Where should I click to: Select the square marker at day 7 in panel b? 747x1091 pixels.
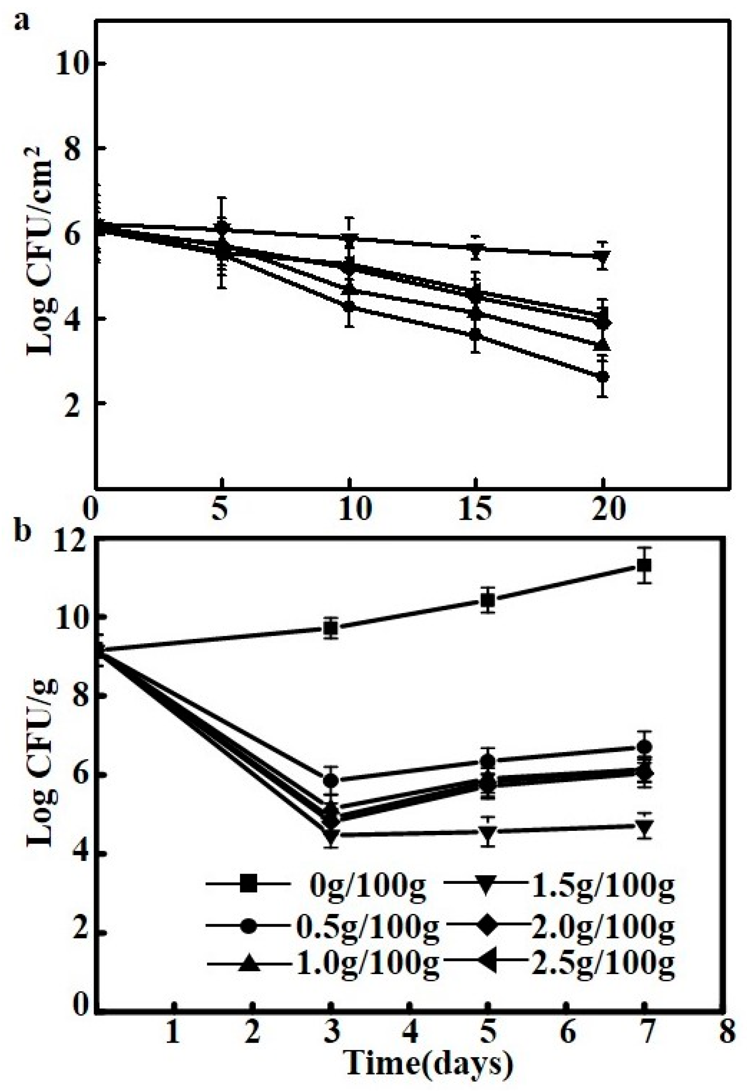(644, 565)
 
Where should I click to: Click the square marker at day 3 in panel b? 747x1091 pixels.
(331, 629)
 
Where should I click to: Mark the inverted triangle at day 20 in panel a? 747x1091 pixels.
(603, 257)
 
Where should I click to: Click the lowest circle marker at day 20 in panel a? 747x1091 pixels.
(603, 377)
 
